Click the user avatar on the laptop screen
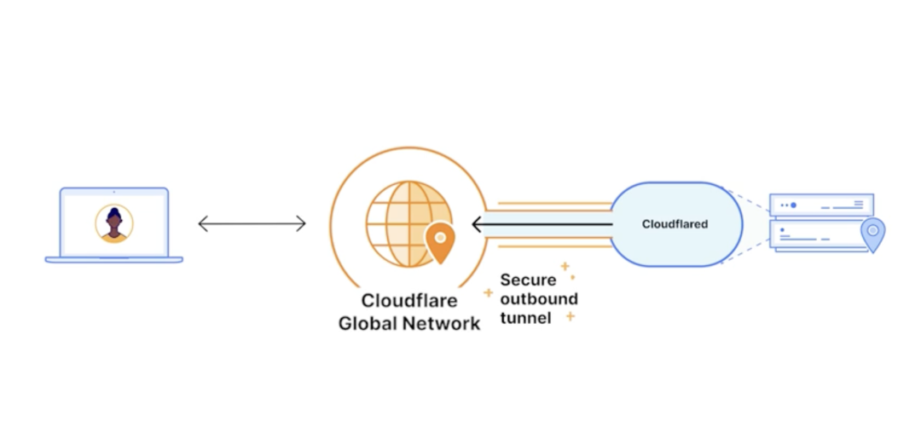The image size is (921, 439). point(113,222)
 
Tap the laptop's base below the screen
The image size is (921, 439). point(113,259)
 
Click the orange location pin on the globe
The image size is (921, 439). point(440,241)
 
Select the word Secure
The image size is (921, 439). point(528,280)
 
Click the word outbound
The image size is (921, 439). point(539,298)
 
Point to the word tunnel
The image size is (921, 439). point(525,317)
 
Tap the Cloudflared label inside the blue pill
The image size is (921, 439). point(675,224)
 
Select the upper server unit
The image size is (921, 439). point(821,205)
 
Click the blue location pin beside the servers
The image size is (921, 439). point(872,233)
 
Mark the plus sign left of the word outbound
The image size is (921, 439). point(489,292)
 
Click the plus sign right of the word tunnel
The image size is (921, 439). point(570,317)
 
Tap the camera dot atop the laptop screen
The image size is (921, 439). point(113,192)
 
